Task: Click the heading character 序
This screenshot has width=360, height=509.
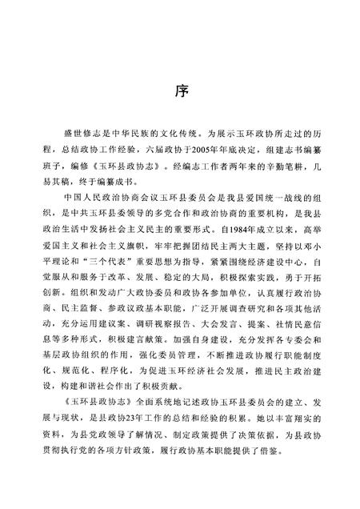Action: coord(181,91)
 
